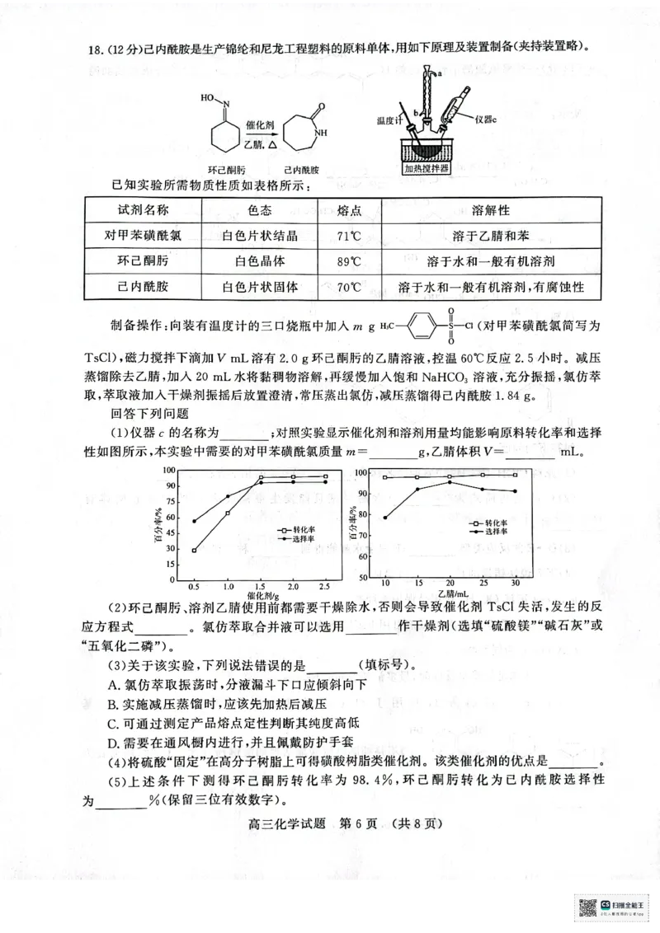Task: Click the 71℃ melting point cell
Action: [350, 235]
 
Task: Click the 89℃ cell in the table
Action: [350, 261]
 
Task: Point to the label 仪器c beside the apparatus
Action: [491, 118]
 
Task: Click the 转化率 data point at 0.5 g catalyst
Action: [194, 551]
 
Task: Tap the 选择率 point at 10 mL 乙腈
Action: [385, 518]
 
